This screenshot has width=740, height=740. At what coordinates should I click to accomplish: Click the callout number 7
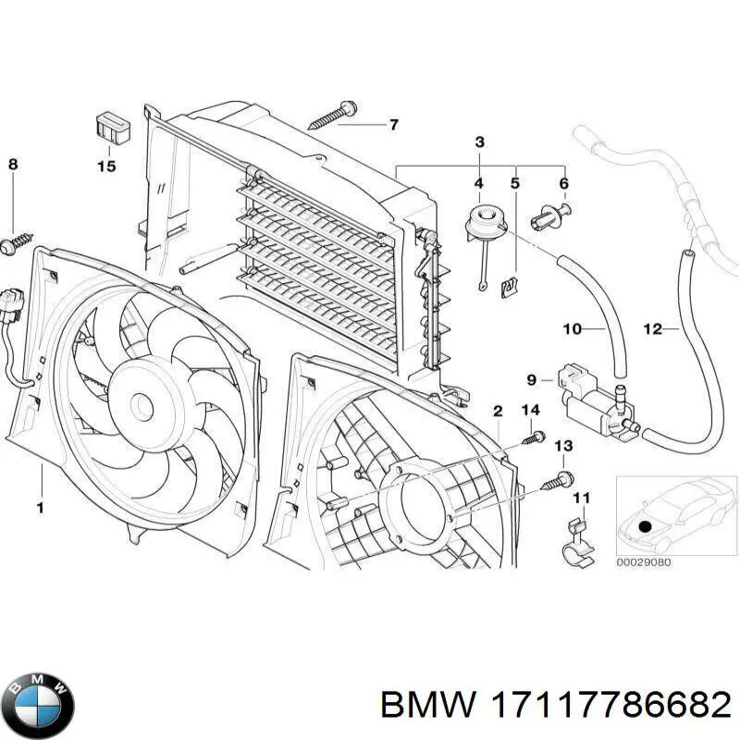point(393,124)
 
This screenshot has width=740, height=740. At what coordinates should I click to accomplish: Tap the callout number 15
point(106,166)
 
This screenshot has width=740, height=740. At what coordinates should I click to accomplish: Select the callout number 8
point(13,165)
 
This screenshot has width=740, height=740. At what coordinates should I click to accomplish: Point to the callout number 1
point(40,506)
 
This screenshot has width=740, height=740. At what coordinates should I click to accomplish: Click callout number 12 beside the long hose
point(653,328)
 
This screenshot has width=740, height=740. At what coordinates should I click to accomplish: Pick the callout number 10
point(572,328)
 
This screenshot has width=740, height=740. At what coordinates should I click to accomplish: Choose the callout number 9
point(531,378)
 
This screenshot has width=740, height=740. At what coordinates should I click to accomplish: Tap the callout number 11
point(580,499)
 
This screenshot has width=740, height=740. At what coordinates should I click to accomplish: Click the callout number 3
point(479,142)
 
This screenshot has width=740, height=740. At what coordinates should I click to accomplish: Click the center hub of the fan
point(142,405)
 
